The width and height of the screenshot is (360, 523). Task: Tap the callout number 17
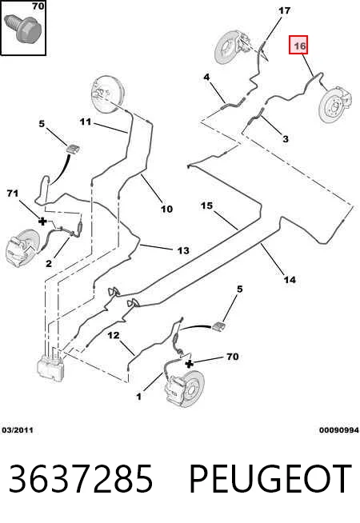[284, 10]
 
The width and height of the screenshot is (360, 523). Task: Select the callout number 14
[290, 280]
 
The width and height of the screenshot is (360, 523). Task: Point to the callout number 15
[206, 206]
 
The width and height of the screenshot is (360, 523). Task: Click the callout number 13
[183, 250]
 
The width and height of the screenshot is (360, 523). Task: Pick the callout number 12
[114, 335]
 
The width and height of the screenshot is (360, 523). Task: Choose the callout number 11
[85, 122]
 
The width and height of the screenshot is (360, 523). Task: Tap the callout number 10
[166, 210]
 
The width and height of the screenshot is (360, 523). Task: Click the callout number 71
[12, 193]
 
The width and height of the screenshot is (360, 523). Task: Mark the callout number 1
[138, 397]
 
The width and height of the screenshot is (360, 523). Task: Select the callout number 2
[49, 264]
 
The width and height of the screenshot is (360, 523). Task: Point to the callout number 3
[286, 138]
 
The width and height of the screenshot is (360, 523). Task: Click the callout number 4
[206, 77]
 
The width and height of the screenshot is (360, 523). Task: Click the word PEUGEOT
[270, 478]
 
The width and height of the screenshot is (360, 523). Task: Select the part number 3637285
[81, 478]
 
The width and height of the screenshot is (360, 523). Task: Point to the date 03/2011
[18, 430]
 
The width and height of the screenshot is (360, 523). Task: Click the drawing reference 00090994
[339, 430]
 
